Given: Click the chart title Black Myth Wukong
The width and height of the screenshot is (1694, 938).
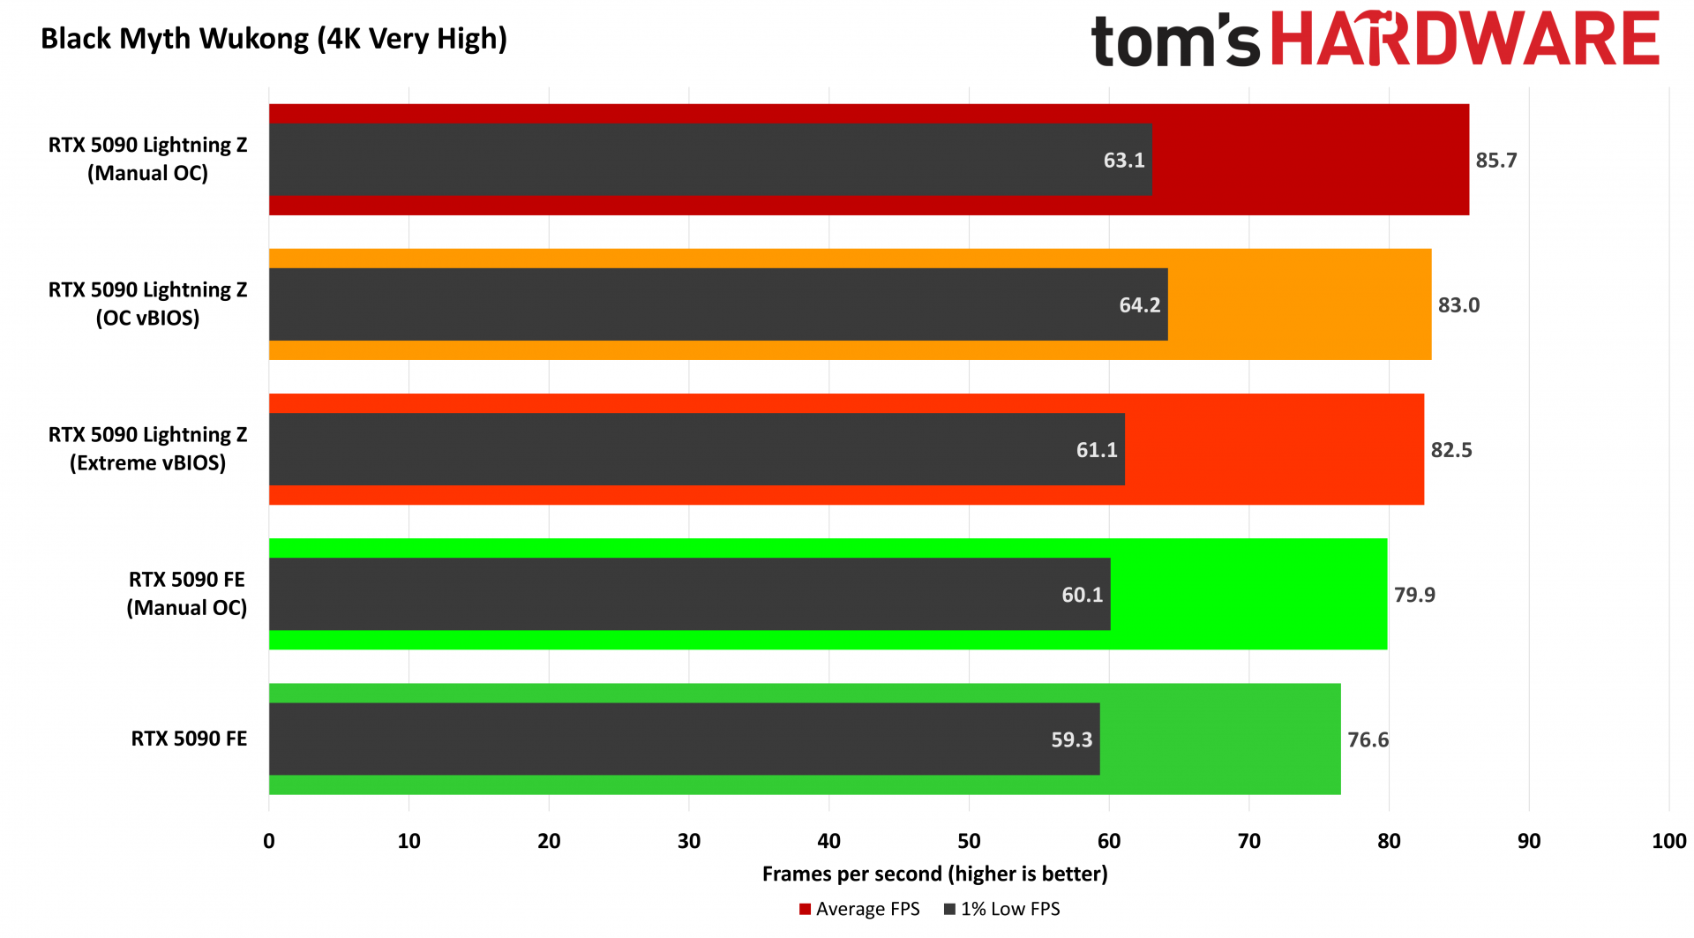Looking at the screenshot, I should pyautogui.click(x=274, y=39).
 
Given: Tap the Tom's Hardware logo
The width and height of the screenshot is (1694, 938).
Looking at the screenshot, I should pyautogui.click(x=1375, y=41).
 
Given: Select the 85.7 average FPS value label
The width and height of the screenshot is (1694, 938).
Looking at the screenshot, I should pyautogui.click(x=1496, y=161).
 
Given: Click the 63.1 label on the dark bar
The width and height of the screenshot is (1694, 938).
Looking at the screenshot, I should pyautogui.click(x=1124, y=161).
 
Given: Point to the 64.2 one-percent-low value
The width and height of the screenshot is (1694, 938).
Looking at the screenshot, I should pyautogui.click(x=1140, y=305).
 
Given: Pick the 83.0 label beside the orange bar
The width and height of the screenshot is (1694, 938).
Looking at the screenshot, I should pyautogui.click(x=1458, y=305).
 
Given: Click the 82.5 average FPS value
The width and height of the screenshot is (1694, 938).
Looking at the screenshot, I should pyautogui.click(x=1451, y=450).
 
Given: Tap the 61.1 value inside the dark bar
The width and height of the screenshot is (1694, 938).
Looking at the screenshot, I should pyautogui.click(x=1097, y=450).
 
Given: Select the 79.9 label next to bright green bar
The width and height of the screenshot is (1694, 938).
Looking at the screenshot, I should pyautogui.click(x=1414, y=595).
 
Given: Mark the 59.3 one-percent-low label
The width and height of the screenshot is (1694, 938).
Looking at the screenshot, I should pyautogui.click(x=1071, y=739).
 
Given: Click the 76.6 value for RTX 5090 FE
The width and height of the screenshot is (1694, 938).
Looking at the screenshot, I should pyautogui.click(x=1368, y=739).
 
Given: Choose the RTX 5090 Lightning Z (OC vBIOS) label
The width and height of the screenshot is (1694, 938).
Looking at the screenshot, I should pyautogui.click(x=147, y=304).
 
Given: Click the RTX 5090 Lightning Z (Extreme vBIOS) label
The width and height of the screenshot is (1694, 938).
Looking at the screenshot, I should pyautogui.click(x=147, y=448).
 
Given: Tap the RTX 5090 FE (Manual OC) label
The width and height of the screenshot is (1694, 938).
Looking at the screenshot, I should pyautogui.click(x=186, y=593).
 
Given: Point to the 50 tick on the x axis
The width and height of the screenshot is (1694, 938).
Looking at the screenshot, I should pyautogui.click(x=969, y=841).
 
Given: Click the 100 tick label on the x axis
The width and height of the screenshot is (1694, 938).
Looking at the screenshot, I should pyautogui.click(x=1668, y=841).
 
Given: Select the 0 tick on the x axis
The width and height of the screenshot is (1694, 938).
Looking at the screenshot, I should pyautogui.click(x=269, y=841).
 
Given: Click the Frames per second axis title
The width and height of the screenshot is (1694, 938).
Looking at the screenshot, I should pyautogui.click(x=934, y=874).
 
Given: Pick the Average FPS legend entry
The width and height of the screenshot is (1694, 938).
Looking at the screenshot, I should pyautogui.click(x=859, y=909).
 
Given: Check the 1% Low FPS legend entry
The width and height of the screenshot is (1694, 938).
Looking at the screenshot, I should pyautogui.click(x=1002, y=909).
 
